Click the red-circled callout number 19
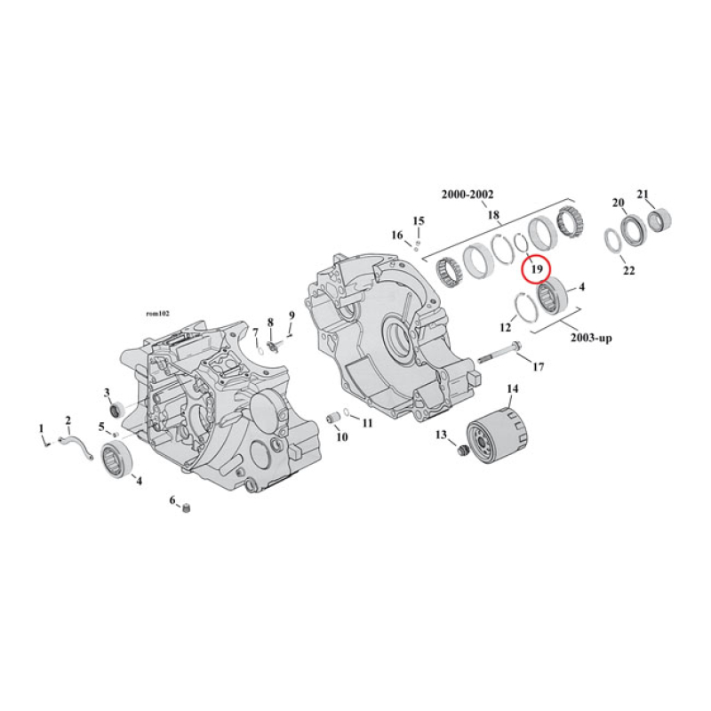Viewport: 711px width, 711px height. [x=536, y=267]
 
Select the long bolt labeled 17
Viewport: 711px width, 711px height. [x=503, y=358]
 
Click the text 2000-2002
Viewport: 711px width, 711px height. [x=468, y=195]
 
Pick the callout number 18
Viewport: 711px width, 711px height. [x=493, y=215]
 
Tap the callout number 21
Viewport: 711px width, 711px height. [x=643, y=195]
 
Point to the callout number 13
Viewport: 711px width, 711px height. [x=441, y=435]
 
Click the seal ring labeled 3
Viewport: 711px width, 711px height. [x=114, y=409]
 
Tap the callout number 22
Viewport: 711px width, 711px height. [x=628, y=270]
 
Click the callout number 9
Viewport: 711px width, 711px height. [x=290, y=316]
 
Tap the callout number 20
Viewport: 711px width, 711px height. [x=619, y=203]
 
